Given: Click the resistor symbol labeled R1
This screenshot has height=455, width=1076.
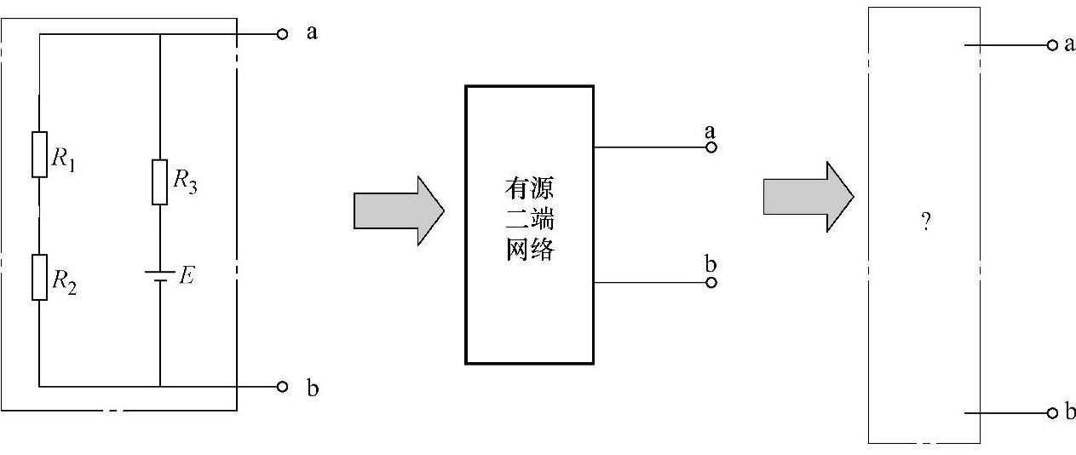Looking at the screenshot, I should coord(39,154).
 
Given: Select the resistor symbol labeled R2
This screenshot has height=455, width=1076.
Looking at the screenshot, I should coord(39,276).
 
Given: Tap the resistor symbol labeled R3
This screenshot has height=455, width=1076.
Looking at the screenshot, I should coord(160,181).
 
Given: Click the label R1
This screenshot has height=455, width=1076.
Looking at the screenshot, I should coord(64,159).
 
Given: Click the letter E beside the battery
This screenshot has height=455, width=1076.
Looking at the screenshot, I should coord(187,275).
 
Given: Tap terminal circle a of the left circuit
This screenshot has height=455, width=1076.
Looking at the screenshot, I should coord(282,34).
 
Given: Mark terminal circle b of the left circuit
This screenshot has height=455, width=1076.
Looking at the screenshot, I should coord(282,387).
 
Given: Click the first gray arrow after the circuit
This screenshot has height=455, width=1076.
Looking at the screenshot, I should coord(399,210).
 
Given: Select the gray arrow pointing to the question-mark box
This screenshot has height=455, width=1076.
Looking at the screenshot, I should coord(808,196).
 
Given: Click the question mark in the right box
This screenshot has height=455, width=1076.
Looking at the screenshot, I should coord(924,222).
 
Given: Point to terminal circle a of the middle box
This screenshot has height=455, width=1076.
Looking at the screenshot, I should coord(711,147).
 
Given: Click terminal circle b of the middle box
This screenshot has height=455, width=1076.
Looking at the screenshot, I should coord(711,282).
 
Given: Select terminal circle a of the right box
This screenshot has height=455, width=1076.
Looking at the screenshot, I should coord(1053,45).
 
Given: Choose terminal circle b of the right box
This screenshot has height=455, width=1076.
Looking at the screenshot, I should coord(1053,413).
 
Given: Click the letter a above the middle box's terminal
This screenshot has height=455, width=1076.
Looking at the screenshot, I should coord(710,131).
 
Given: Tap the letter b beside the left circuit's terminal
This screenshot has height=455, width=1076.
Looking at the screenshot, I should coord(313,389).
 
